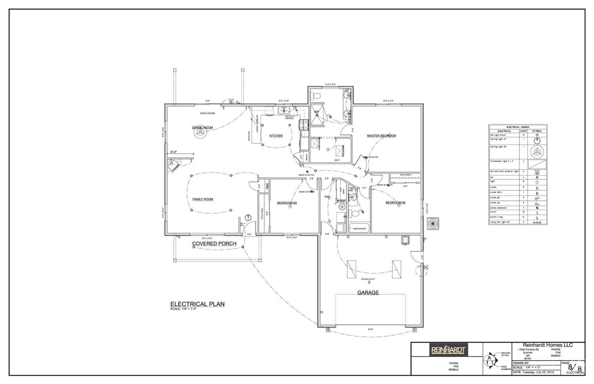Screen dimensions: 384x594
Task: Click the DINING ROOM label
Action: pyautogui.click(x=202, y=128)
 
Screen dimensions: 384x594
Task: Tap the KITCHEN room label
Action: pyautogui.click(x=276, y=136)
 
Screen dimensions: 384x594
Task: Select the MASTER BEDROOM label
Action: pyautogui.click(x=381, y=136)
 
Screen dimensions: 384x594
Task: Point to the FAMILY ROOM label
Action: pyautogui.click(x=203, y=199)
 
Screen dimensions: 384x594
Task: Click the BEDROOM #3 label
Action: pyautogui.click(x=287, y=203)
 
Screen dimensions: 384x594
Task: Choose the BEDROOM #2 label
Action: pyautogui.click(x=396, y=203)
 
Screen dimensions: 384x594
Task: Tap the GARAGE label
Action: pyautogui.click(x=368, y=293)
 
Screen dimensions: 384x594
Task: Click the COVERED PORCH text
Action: pyautogui.click(x=214, y=244)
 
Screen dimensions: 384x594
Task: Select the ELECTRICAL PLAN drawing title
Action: pyautogui.click(x=197, y=304)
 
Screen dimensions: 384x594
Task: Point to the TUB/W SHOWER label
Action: pyautogui.click(x=359, y=229)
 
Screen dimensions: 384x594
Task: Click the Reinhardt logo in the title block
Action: pyautogui.click(x=448, y=350)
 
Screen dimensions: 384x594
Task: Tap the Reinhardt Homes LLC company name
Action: pyautogui.click(x=548, y=345)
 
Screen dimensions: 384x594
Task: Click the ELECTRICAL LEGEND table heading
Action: pyautogui.click(x=518, y=127)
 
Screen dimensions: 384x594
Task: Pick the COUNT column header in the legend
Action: pyautogui.click(x=523, y=131)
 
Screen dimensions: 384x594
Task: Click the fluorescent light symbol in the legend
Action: pyautogui.click(x=537, y=164)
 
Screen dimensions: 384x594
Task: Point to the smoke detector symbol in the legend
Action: pyautogui.click(x=537, y=208)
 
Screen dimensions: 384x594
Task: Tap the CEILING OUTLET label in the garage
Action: pyautogui.click(x=368, y=279)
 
